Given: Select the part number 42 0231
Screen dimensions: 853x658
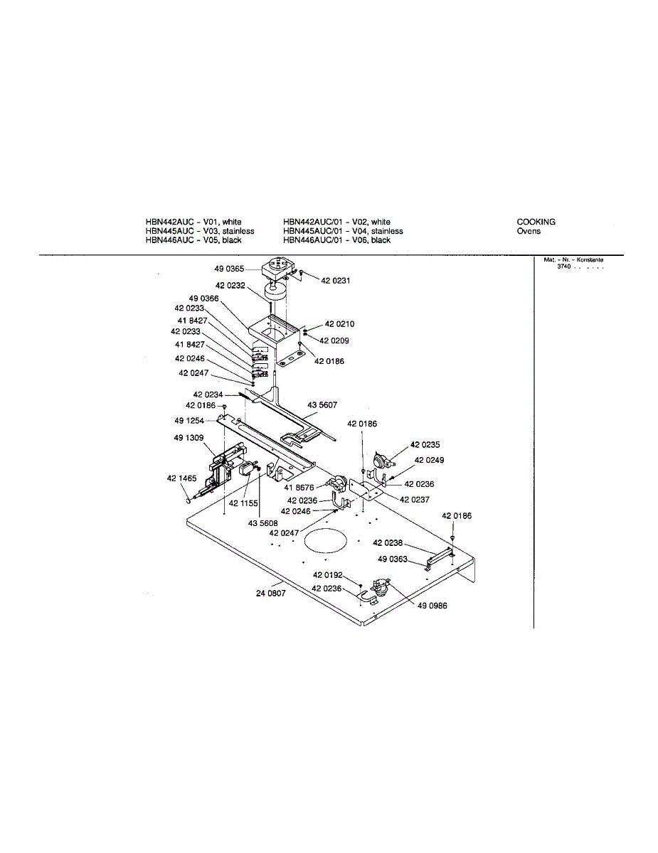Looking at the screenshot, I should click(x=335, y=281).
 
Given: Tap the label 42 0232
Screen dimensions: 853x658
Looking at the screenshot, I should click(x=230, y=285).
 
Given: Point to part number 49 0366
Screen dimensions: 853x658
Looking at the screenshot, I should click(x=203, y=299).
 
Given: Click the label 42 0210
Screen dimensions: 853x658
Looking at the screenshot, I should click(x=339, y=324).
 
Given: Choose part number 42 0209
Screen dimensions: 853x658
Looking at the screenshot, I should click(x=334, y=341).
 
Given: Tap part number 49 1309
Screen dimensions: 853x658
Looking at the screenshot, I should click(x=189, y=438).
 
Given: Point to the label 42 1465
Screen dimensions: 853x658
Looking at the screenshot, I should click(x=182, y=478).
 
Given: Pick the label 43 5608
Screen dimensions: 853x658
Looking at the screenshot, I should click(x=262, y=523).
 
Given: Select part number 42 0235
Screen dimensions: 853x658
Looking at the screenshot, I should click(x=425, y=444).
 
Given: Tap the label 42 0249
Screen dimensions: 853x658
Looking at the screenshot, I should click(x=430, y=461).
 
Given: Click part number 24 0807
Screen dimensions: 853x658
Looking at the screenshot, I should click(x=270, y=593).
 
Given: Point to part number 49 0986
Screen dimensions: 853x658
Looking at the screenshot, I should click(x=433, y=606).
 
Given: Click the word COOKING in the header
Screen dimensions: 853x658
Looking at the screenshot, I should click(x=536, y=222).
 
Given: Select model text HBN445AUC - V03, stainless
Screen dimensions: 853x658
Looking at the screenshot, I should click(x=199, y=231).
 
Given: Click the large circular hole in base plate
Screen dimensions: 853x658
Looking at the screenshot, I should click(x=327, y=542).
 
